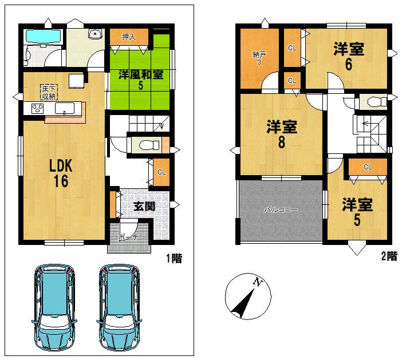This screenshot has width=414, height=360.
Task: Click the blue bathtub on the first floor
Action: pos(44,36)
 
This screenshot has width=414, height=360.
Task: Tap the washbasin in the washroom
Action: pos(95,34)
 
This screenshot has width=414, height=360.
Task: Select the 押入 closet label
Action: pos(129,37)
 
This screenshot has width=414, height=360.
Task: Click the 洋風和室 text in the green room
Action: pos(141,75)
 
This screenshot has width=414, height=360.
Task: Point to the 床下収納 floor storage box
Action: pos(49,92)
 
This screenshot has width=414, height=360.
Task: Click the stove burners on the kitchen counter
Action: pos(37,109)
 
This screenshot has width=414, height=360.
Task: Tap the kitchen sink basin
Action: pos(65,109)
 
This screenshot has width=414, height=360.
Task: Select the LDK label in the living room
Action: pos(61,166)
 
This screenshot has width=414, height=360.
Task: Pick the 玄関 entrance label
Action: pos(144,206)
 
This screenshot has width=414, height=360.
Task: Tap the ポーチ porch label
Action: pos(128,238)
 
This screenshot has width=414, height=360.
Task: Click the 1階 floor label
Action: pos(174,258)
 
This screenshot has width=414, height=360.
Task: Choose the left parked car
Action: pos(54,307)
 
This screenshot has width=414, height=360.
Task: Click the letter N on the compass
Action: pos(258,282)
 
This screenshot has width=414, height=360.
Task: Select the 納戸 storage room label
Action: pos(259,54)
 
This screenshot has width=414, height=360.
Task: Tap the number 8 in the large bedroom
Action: pos(282,142)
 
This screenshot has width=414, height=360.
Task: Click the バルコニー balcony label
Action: pos(281,210)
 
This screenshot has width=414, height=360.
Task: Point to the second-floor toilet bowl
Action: pos(377,102)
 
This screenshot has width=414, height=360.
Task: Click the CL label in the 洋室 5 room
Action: pos(368,167)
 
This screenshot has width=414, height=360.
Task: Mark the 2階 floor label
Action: pos(389,256)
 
